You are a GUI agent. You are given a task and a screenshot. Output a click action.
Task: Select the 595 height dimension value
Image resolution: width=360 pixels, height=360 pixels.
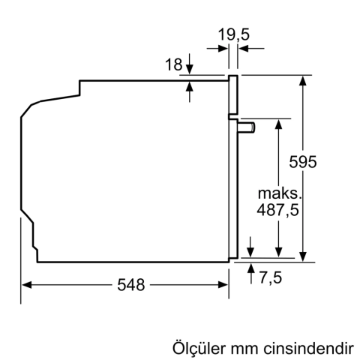click(x=304, y=161)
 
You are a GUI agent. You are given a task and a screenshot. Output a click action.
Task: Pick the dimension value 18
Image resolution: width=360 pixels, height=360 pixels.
click(x=173, y=65)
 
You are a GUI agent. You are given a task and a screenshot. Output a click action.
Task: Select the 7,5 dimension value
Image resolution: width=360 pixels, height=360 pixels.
click(x=270, y=278)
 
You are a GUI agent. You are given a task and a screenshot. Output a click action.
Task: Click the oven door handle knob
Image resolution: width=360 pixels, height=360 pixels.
click(x=247, y=127)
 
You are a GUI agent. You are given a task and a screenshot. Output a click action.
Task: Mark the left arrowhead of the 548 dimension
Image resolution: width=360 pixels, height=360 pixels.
click(x=25, y=285)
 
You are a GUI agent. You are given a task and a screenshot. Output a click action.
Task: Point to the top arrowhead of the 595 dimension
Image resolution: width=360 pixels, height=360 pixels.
click(x=303, y=79)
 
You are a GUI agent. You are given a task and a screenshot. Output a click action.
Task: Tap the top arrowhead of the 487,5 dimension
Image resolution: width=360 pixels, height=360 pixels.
click(x=279, y=123)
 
